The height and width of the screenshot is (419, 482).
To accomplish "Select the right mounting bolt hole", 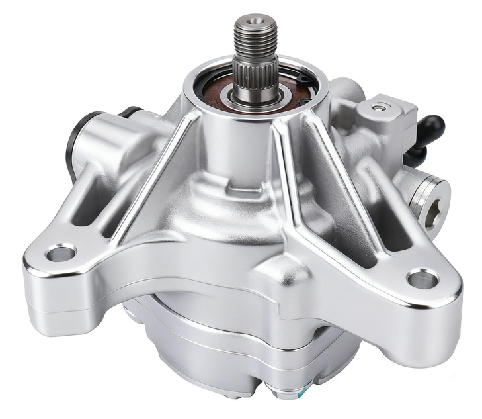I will (422, 279).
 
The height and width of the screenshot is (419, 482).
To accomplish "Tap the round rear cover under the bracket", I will (218, 344).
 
